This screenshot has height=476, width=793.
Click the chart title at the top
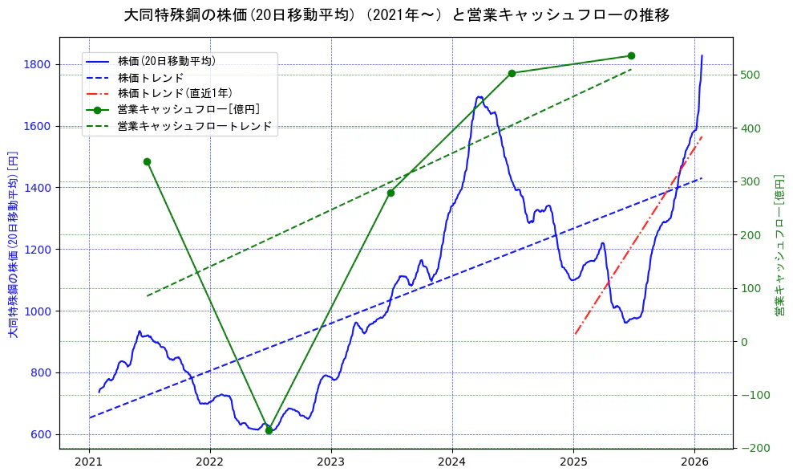(x=397, y=15)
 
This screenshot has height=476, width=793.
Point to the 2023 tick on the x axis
(x=331, y=462)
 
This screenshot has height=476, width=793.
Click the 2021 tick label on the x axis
(x=89, y=462)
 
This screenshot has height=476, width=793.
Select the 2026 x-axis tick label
(x=694, y=462)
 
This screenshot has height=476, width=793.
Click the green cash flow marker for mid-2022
(x=269, y=430)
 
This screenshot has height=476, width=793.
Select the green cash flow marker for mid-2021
(x=147, y=161)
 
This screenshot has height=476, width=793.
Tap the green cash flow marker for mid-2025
(x=631, y=55)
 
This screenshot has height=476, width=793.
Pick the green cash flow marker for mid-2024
(x=512, y=73)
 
